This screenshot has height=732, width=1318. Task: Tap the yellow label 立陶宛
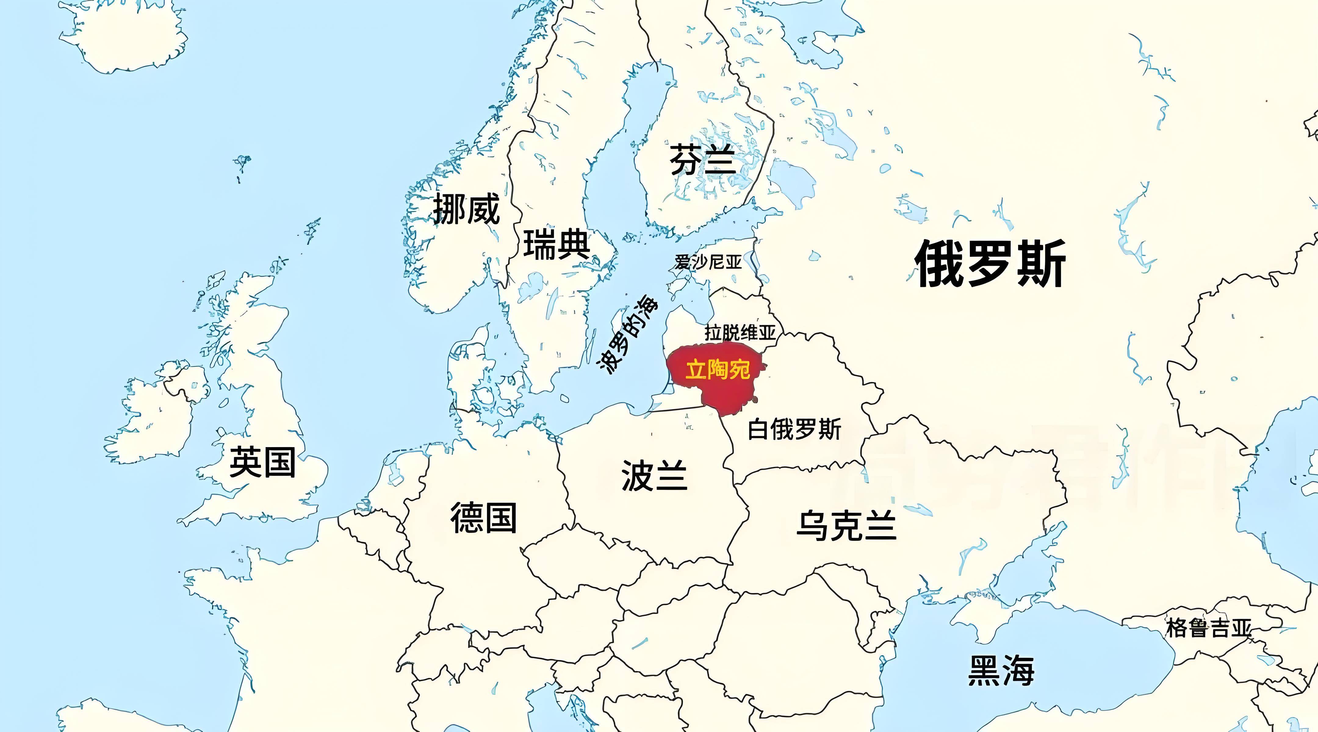717,369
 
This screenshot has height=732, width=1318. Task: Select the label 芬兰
703,160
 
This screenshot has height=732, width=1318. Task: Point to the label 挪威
466,209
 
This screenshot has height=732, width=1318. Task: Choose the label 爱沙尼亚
708,262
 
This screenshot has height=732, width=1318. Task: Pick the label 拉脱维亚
740,333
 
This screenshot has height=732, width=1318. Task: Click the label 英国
262,461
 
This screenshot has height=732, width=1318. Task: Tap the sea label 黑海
1001,670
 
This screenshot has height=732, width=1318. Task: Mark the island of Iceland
128,36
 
